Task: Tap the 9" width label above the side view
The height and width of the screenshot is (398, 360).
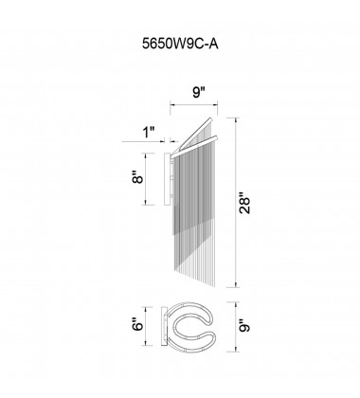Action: coord(195,93)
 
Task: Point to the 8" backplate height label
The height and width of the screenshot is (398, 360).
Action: coord(138,177)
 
